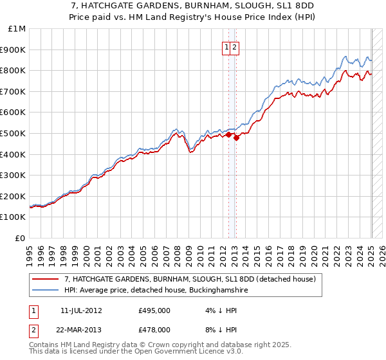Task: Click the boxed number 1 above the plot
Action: tap(228, 47)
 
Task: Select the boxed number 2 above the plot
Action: tap(235, 47)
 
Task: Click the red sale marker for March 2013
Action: tap(237, 137)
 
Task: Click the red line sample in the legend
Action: tap(46, 280)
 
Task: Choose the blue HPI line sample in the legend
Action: tap(46, 291)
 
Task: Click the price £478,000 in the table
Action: tap(154, 329)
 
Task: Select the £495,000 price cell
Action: tap(154, 310)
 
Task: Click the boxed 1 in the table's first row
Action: tap(33, 310)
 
